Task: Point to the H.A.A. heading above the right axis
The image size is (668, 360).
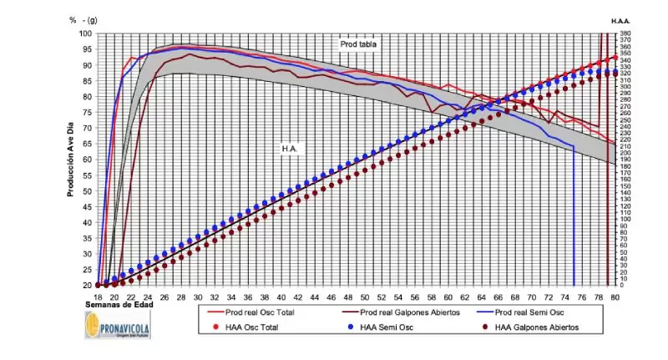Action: coord(620,20)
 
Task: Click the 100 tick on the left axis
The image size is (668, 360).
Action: coord(86,34)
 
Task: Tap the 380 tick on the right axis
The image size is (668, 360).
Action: coord(626,34)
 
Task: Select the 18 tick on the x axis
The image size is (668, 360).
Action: coord(99,296)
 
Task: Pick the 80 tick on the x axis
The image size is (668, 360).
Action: coord(616,296)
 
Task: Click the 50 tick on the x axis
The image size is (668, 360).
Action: coord(366,296)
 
